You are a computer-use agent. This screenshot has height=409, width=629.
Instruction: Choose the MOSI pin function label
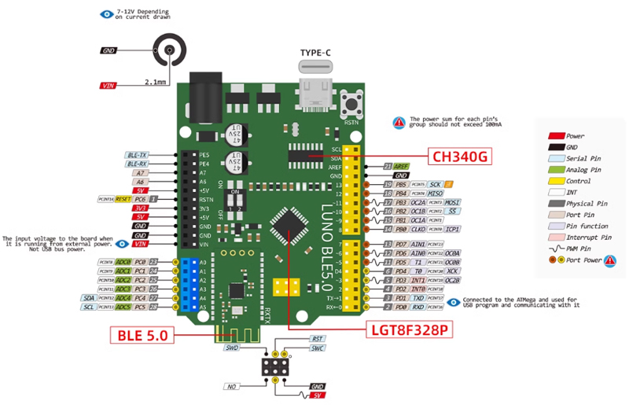[452, 202]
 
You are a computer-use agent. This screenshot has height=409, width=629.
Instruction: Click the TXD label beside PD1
[418, 298]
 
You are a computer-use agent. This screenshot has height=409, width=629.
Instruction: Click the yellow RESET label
[123, 199]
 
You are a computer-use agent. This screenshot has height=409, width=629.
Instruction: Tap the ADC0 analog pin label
[123, 262]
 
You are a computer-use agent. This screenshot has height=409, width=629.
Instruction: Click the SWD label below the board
[231, 347]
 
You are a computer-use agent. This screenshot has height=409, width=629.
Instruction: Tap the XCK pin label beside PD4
[454, 271]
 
